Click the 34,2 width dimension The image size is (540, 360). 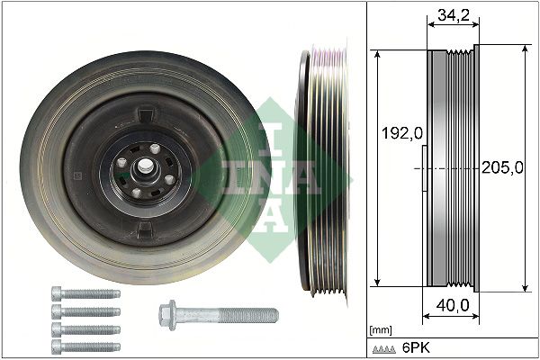click(452, 15)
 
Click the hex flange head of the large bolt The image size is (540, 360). click(168, 314)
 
